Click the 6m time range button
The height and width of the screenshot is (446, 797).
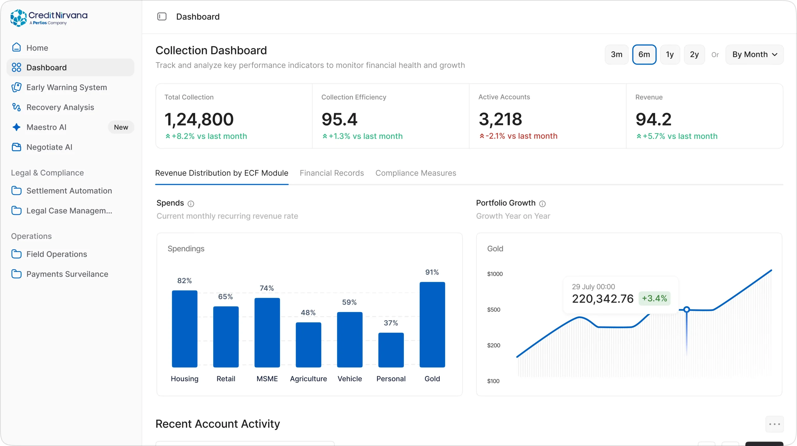(x=644, y=55)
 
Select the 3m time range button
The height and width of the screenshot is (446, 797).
(x=616, y=55)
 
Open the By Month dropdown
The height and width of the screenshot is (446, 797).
(x=754, y=55)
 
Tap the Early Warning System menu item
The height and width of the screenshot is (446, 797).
(x=67, y=87)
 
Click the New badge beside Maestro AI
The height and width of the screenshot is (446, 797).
(x=121, y=127)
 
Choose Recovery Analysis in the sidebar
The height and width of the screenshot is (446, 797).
(x=60, y=107)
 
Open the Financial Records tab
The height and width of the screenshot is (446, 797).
(x=332, y=173)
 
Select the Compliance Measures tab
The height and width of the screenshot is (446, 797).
(x=416, y=173)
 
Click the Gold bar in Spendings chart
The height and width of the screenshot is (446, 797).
(x=432, y=325)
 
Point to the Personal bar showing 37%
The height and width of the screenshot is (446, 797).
(x=391, y=350)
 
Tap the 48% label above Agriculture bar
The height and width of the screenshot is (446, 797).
(x=308, y=312)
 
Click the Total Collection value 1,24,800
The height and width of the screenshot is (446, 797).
(x=199, y=119)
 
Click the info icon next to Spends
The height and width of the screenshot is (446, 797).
(x=191, y=204)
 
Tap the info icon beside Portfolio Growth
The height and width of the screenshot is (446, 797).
(x=542, y=204)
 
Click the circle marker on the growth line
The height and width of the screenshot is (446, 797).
(x=686, y=309)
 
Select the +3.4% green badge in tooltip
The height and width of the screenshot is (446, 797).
(x=654, y=298)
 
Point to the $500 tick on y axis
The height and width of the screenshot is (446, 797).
(x=494, y=310)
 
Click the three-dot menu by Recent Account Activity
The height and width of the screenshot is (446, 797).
(x=775, y=424)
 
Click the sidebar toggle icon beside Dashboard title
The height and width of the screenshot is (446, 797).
(x=162, y=17)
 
